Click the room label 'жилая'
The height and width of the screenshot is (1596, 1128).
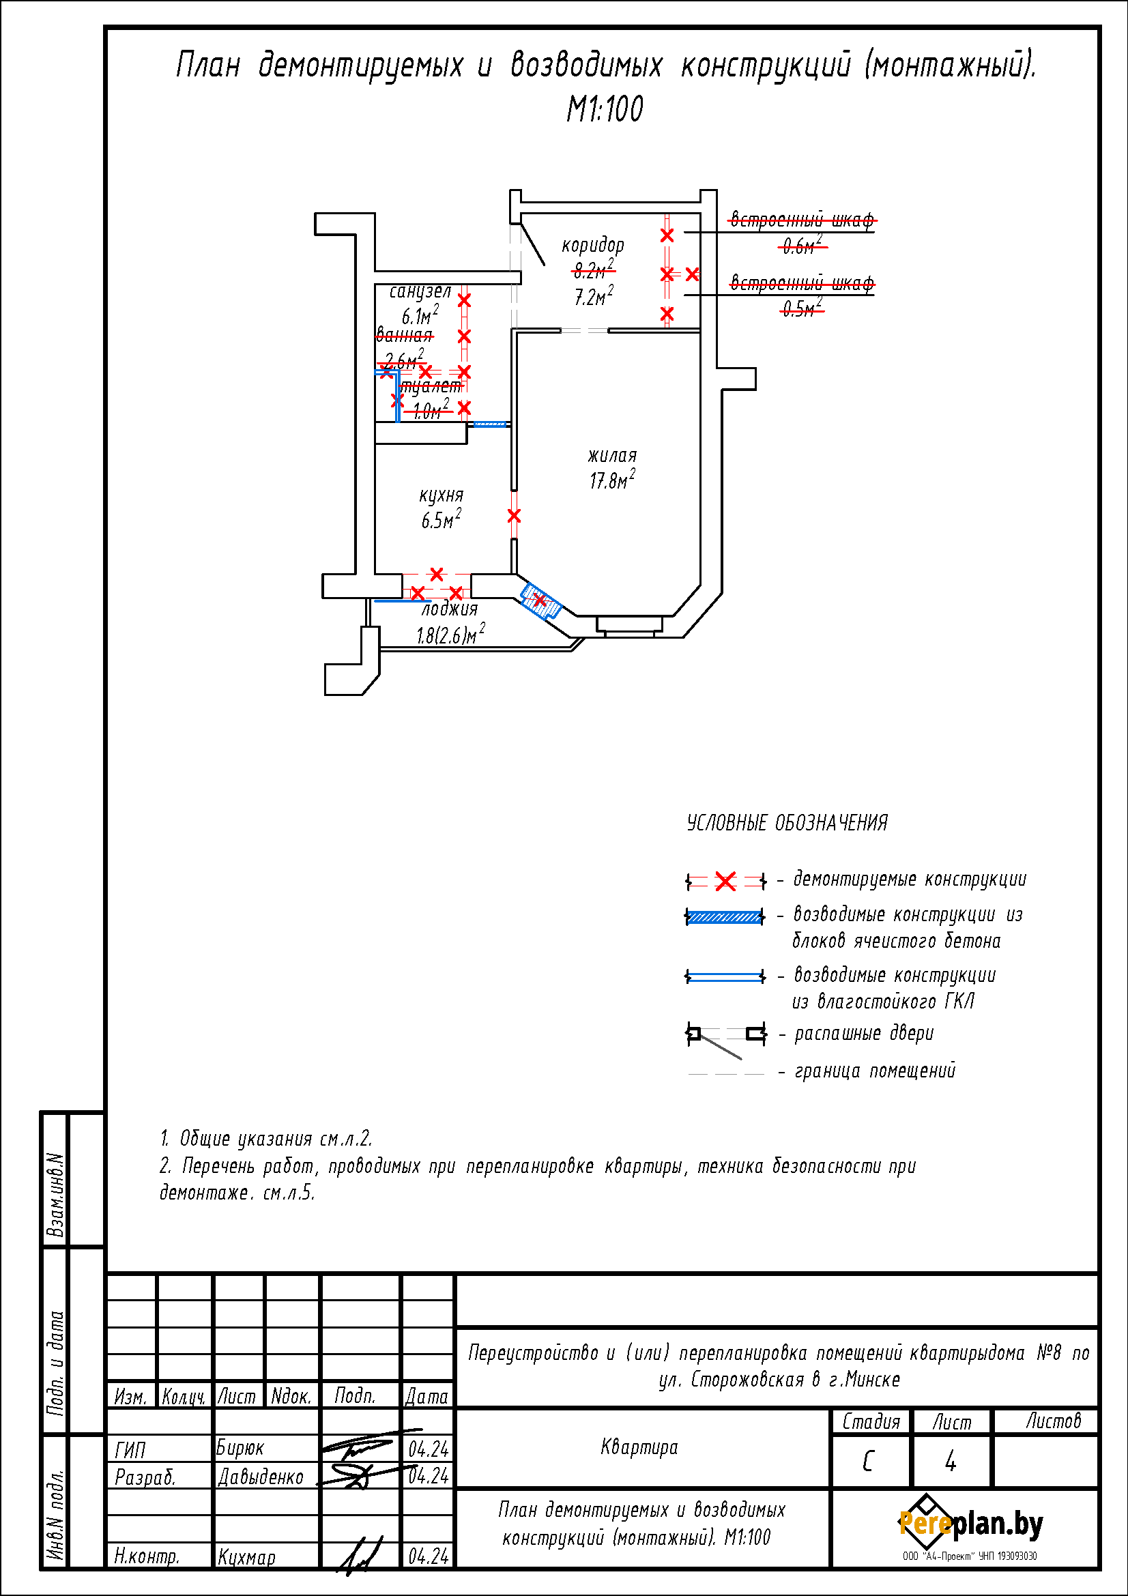tap(611, 456)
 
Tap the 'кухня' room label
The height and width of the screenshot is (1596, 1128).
tap(441, 495)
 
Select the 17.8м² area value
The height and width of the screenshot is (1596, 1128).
tap(611, 480)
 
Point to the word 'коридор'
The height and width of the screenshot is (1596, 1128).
tap(593, 245)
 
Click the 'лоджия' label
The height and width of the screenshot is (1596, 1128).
tap(450, 609)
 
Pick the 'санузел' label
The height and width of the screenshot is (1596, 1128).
tap(420, 291)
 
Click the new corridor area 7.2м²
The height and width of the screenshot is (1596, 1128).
tap(594, 297)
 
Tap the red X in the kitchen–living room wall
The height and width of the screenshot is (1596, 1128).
tap(514, 516)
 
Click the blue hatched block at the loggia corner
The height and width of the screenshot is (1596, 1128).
tap(540, 600)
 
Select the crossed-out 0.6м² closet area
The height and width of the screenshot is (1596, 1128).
tap(802, 245)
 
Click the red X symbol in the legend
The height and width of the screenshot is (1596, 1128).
tap(725, 882)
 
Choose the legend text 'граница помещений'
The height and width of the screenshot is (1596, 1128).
tap(875, 1071)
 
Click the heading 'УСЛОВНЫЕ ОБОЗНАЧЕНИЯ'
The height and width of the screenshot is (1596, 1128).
tap(787, 823)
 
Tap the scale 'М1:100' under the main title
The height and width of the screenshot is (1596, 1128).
tap(605, 109)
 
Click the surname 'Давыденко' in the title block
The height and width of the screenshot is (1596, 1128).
tap(261, 1477)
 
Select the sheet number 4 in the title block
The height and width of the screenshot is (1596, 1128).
tap(950, 1462)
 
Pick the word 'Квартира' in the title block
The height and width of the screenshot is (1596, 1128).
tap(639, 1447)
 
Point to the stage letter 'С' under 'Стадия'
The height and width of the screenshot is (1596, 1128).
tap(868, 1462)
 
